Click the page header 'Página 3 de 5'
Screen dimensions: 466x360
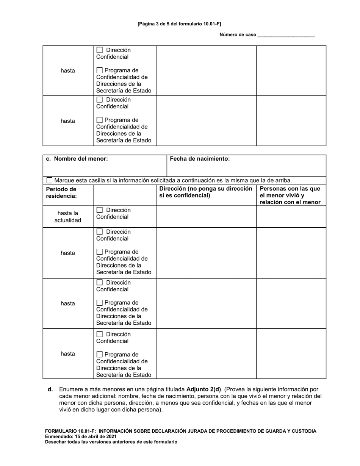pyautogui.click(x=179, y=23)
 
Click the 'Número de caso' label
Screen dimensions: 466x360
pyautogui.click(x=238, y=35)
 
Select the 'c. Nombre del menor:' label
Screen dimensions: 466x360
pyautogui.click(x=77, y=159)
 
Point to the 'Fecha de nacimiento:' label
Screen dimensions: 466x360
pyautogui.click(x=200, y=159)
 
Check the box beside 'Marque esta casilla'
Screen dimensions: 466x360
pyautogui.click(x=50, y=180)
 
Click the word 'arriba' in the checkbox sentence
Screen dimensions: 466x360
pyautogui.click(x=283, y=180)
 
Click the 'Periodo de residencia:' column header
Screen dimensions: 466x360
pyautogui.click(x=61, y=192)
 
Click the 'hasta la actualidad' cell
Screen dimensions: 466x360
pyautogui.click(x=67, y=217)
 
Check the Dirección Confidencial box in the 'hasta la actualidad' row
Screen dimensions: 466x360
pyautogui.click(x=100, y=210)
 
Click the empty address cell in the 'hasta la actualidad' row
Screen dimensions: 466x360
pyautogui.click(x=206, y=217)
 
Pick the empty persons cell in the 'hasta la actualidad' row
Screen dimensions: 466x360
pyautogui.click(x=291, y=217)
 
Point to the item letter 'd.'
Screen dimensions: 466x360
pyautogui.click(x=50, y=389)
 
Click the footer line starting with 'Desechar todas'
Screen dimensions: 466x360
pyautogui.click(x=111, y=442)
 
